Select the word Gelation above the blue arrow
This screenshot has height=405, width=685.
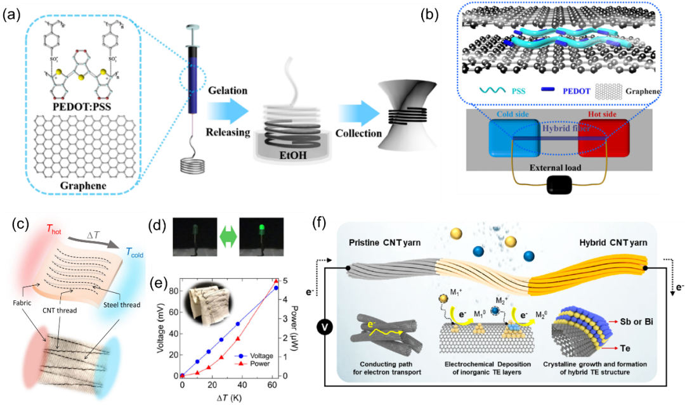[x=226, y=90]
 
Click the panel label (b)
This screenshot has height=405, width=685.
[x=434, y=15]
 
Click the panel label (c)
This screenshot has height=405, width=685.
[x=16, y=224]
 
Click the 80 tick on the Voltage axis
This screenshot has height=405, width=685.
[x=172, y=290]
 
